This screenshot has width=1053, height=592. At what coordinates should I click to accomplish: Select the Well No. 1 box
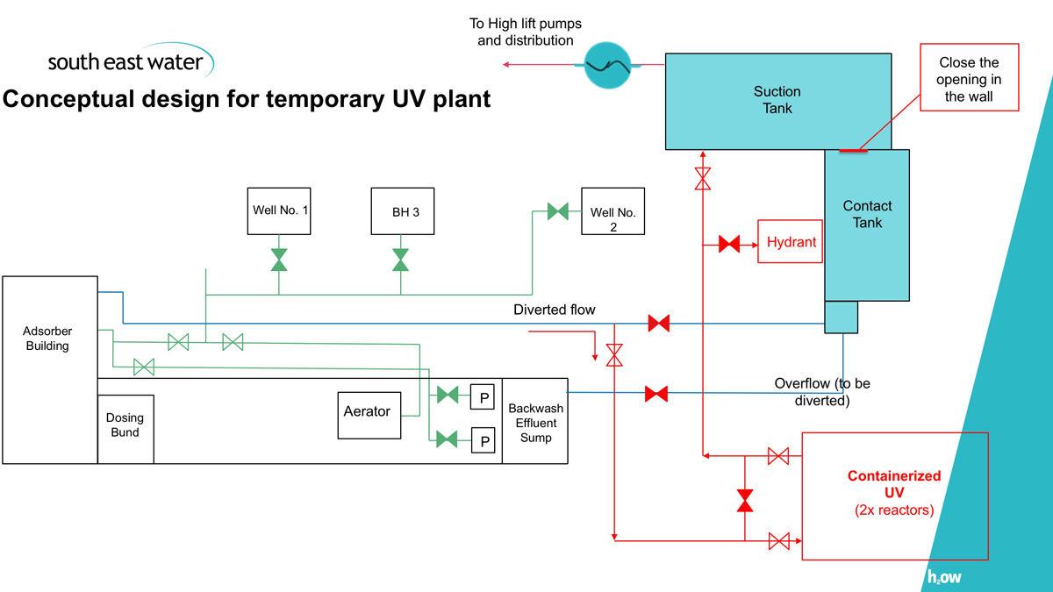[279, 210]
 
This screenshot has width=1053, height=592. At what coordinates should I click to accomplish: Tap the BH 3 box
[402, 211]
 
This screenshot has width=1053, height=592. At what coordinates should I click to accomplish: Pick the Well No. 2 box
[612, 211]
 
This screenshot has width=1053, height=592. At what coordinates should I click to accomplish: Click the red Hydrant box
[791, 241]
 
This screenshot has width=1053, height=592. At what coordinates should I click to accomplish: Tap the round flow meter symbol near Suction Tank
[608, 63]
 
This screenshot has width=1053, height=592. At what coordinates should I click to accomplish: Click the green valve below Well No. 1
[279, 260]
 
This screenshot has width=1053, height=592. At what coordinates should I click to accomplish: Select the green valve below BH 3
[400, 260]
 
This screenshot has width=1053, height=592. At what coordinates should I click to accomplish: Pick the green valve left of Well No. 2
[557, 211]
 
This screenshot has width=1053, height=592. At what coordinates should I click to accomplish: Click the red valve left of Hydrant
[729, 244]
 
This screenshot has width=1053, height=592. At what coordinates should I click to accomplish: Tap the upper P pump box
[483, 396]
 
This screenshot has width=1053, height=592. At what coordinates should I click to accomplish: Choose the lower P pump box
[483, 440]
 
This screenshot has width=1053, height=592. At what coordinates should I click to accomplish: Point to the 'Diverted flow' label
[554, 310]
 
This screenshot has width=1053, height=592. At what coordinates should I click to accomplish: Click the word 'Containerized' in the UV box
[893, 476]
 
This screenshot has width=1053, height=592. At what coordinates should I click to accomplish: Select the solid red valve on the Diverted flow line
[658, 324]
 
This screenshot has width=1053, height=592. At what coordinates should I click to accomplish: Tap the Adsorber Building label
[48, 339]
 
